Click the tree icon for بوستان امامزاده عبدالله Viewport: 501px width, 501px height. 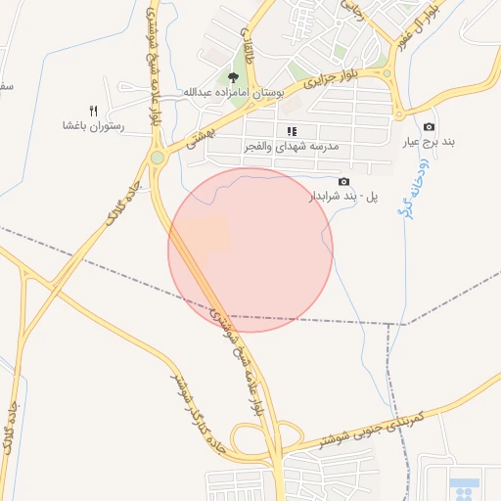[x=233, y=77]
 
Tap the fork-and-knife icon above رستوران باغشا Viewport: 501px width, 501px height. [x=94, y=111]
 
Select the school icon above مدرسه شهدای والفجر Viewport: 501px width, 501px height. [x=292, y=131]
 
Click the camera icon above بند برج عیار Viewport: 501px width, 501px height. [x=429, y=127]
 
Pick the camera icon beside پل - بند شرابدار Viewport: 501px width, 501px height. [x=343, y=182]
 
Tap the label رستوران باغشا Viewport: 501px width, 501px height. [x=92, y=126]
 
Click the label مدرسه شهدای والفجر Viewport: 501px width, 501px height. [x=291, y=146]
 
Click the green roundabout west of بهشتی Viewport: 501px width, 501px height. [x=157, y=157]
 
